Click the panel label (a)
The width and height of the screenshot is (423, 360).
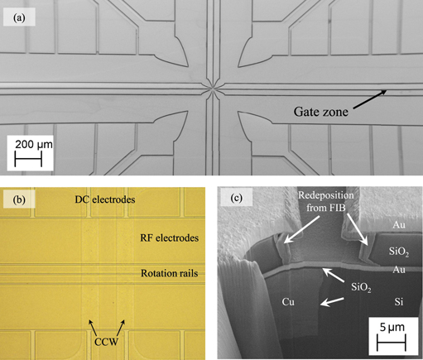22,14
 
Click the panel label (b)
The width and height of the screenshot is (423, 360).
22,200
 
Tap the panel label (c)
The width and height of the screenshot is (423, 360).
234,200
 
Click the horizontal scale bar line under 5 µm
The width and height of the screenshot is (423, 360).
387,340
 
